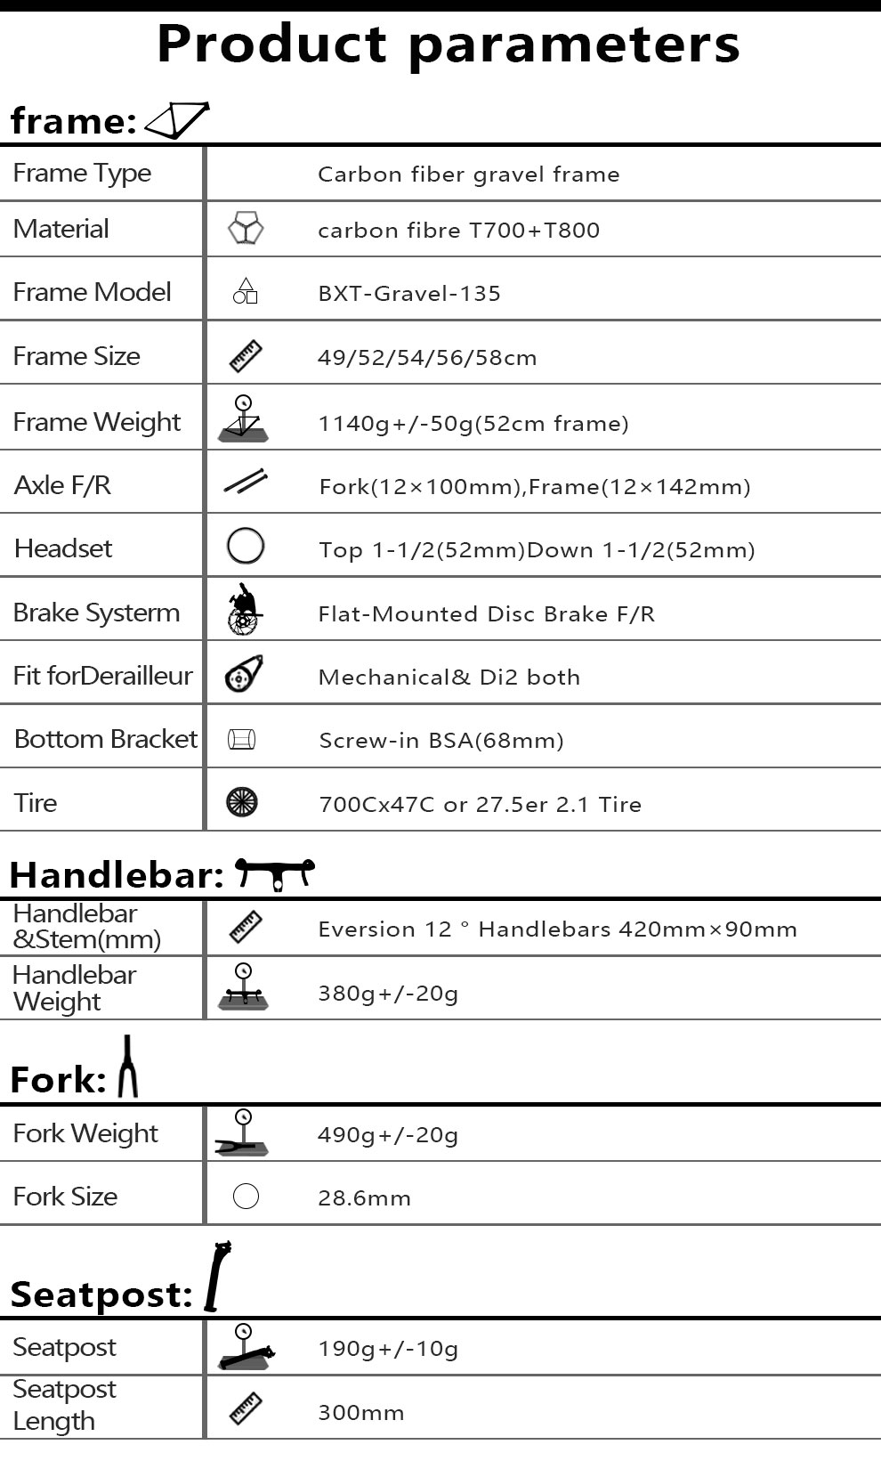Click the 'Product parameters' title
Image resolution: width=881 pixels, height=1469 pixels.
coord(448,43)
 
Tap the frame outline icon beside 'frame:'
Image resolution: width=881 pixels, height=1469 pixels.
coord(177,120)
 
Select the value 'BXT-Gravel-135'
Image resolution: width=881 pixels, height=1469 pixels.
coord(409,294)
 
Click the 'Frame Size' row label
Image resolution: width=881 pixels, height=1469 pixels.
coord(77,356)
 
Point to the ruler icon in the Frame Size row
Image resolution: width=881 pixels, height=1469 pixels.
coord(246,356)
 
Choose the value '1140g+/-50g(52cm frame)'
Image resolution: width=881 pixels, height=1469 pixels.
coord(473,423)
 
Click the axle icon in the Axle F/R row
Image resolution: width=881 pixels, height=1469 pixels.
coord(246,482)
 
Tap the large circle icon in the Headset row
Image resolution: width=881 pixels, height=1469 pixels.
coord(246,546)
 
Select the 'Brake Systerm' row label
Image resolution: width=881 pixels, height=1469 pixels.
coord(96,613)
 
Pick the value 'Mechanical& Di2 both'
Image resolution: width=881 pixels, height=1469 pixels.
coord(449,678)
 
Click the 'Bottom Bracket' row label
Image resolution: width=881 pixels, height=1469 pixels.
coord(105,739)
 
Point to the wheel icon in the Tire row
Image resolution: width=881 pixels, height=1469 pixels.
coord(242,802)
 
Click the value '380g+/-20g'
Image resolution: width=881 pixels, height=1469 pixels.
coord(388,994)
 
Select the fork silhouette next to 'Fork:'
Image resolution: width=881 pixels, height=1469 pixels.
coord(128,1067)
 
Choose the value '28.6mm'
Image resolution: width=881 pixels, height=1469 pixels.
coord(364,1198)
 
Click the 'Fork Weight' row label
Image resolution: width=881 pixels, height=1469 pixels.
coord(85,1133)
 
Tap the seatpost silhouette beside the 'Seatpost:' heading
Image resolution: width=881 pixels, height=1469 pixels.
coord(216,1277)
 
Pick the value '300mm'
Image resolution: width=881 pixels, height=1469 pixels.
coord(360,1413)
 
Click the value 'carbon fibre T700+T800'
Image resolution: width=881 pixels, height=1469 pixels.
coord(458,231)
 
